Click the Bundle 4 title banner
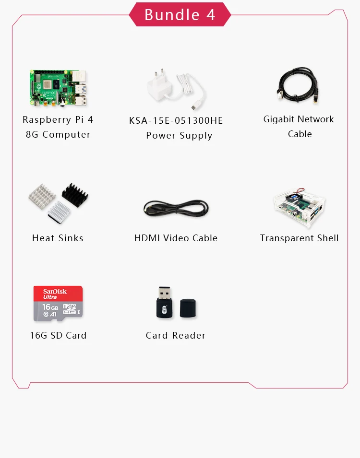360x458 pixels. point(180,14)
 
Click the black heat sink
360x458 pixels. point(75,196)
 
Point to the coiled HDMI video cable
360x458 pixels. point(176,208)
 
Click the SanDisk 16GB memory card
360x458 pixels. point(58,304)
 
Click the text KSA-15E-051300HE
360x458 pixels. point(176,120)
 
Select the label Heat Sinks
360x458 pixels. point(58,238)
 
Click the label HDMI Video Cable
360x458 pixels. point(176,238)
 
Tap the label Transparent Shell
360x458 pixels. point(300,238)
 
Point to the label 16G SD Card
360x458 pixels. point(58,336)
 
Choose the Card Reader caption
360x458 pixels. point(176,336)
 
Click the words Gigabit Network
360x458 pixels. point(299,119)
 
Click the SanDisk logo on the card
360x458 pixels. point(55,292)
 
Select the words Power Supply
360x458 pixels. point(179,136)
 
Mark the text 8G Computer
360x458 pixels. point(58,135)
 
